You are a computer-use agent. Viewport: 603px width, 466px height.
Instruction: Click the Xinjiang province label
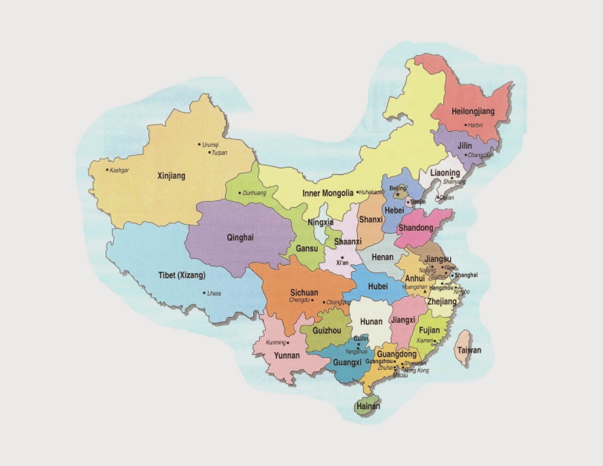[171, 176]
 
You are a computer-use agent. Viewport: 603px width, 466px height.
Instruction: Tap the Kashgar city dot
[107, 170]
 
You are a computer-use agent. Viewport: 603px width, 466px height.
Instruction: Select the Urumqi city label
[210, 144]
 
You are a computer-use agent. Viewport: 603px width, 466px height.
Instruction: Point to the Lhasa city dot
[204, 293]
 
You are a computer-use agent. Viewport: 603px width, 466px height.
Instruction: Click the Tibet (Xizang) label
[182, 275]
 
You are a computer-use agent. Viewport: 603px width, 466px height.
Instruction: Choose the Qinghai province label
[240, 237]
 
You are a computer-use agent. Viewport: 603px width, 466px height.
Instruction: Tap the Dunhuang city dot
[240, 193]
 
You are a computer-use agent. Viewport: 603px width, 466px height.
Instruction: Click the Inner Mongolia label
[328, 193]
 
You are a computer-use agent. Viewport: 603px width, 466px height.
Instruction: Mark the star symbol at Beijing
[397, 195]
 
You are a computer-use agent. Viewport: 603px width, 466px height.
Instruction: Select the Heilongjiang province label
[473, 112]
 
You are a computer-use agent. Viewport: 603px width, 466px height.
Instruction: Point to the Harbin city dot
[465, 125]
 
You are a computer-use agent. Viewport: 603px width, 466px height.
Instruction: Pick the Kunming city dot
[288, 343]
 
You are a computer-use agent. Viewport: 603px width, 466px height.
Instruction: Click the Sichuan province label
[304, 292]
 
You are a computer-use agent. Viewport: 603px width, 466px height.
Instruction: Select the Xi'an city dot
[342, 257]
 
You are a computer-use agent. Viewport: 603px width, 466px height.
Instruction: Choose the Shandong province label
[416, 228]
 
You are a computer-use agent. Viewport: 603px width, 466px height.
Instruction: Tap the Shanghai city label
[466, 275]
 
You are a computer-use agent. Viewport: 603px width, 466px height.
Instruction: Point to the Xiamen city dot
[435, 341]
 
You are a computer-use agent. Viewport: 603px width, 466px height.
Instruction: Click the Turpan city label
[220, 153]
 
